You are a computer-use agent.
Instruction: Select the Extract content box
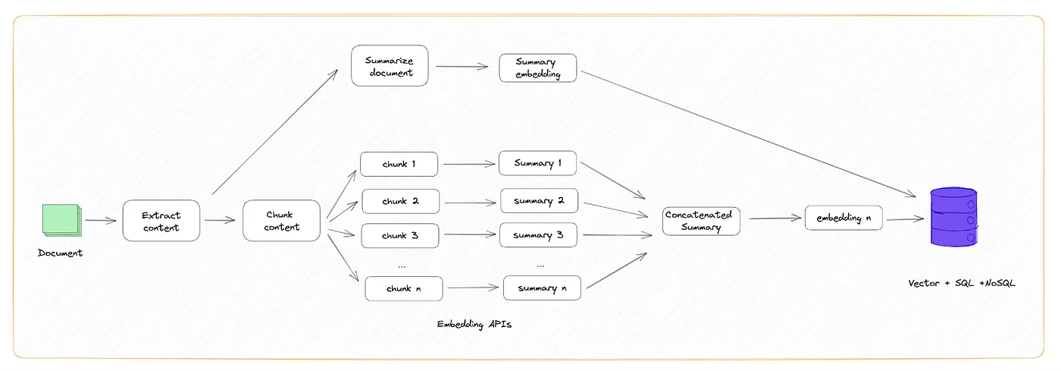[x=161, y=221]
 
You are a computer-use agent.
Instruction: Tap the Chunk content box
[x=282, y=221]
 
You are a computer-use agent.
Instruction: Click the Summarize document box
[x=390, y=66]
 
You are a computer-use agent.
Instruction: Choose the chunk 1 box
[x=399, y=164]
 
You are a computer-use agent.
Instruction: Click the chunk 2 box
[x=400, y=201]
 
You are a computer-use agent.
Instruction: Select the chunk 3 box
[x=400, y=235]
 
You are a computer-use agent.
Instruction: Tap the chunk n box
[x=403, y=288]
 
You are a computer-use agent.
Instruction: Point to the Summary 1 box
[x=537, y=163]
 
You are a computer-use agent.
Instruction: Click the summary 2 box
[x=539, y=201]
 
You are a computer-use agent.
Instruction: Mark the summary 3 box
[x=538, y=235]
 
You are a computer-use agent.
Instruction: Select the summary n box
[x=543, y=288]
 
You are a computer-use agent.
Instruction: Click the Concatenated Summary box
[x=701, y=221]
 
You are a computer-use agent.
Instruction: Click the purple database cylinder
[x=953, y=217]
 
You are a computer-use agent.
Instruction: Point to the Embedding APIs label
[x=474, y=325]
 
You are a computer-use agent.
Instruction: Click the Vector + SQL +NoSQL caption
[x=962, y=283]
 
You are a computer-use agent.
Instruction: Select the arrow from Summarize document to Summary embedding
[x=462, y=67]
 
